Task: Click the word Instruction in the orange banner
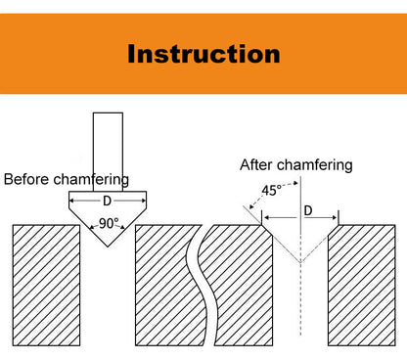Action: pyautogui.click(x=203, y=53)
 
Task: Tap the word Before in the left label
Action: pyautogui.click(x=27, y=179)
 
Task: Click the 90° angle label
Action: pyautogui.click(x=109, y=223)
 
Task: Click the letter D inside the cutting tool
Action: pyautogui.click(x=107, y=201)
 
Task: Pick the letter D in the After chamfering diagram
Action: pyautogui.click(x=308, y=210)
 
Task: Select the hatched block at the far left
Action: pyautogui.click(x=46, y=284)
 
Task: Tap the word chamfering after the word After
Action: pyautogui.click(x=315, y=164)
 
